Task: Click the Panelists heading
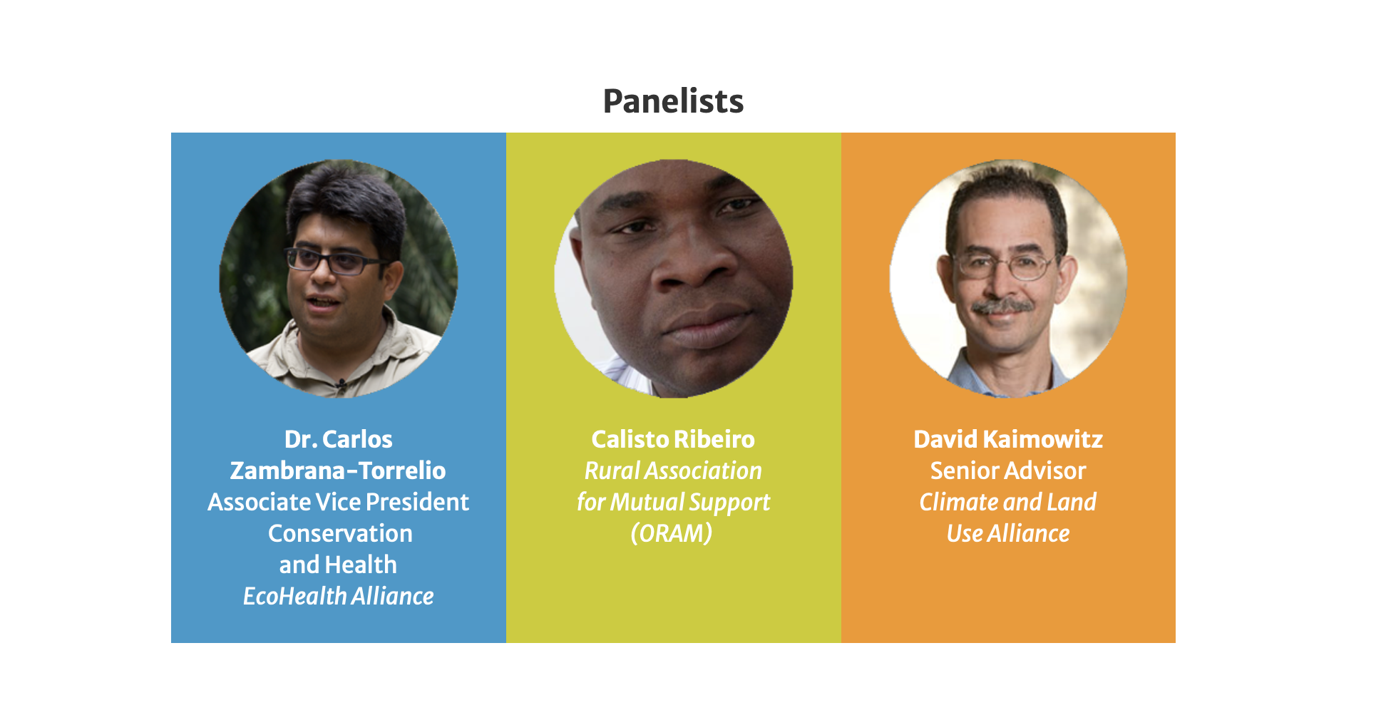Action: point(673,101)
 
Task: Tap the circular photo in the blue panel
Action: point(339,278)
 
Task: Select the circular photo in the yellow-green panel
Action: point(674,278)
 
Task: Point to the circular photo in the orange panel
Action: point(1008,278)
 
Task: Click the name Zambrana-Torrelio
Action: point(338,470)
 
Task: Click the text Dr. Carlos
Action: point(338,439)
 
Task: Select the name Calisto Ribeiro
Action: point(673,439)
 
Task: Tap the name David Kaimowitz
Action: point(1008,439)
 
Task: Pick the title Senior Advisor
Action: point(1008,470)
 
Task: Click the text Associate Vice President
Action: point(338,502)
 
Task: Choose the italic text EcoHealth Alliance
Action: point(338,596)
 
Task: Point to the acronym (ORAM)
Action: point(672,533)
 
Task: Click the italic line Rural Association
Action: point(673,470)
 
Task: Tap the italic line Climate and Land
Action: point(1008,502)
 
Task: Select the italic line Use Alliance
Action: point(1008,533)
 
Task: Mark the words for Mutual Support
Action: point(673,503)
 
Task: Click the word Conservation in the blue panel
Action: point(340,533)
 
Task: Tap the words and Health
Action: point(338,565)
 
